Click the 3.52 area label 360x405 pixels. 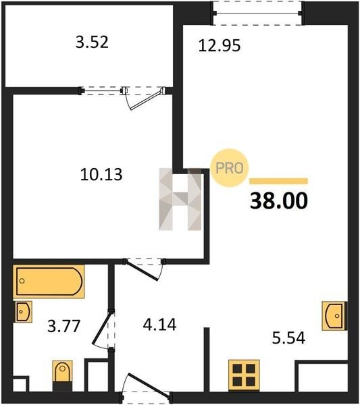(x=92, y=42)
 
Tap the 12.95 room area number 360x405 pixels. (x=220, y=45)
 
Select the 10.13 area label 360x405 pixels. (x=101, y=174)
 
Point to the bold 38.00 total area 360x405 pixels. (x=279, y=200)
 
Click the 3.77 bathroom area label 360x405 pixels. (x=64, y=326)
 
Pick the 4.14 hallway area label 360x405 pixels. (x=159, y=325)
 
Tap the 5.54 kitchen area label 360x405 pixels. (x=288, y=338)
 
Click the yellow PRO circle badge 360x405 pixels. (x=230, y=168)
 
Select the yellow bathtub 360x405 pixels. (x=49, y=281)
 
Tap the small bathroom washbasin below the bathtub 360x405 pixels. (x=24, y=311)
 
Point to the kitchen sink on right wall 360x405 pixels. (x=334, y=316)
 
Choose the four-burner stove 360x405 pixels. (x=244, y=375)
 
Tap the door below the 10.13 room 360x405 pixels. (x=144, y=269)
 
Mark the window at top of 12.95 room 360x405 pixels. (x=257, y=13)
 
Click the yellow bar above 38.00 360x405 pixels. (x=278, y=181)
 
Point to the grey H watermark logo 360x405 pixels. (x=180, y=199)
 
